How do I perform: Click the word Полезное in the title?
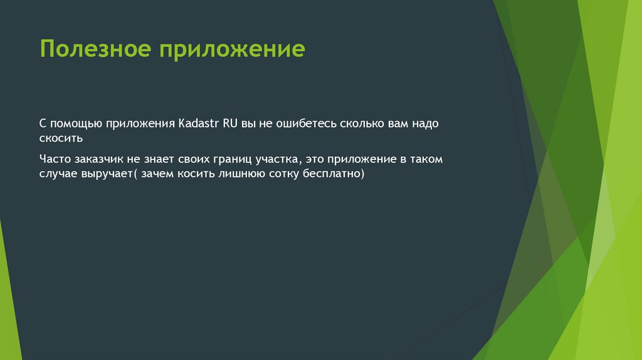(95, 49)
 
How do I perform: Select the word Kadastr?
(199, 124)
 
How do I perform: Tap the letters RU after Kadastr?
(230, 124)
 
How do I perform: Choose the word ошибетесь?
(306, 124)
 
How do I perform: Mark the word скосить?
(61, 139)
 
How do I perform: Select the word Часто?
(55, 159)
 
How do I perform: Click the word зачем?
(157, 174)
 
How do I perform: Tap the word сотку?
(284, 174)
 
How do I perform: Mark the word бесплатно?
(332, 174)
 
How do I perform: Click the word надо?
(426, 124)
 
